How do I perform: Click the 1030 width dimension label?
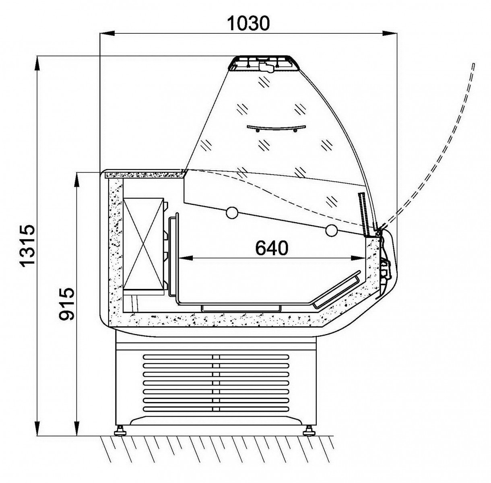[x=248, y=23]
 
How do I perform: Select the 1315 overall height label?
[x=27, y=246]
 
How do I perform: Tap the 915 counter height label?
[x=66, y=303]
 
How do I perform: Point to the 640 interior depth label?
[x=272, y=248]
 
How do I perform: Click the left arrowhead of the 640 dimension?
[x=185, y=258]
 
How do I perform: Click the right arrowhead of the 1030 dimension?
[x=390, y=33]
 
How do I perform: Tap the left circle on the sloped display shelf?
[x=232, y=212]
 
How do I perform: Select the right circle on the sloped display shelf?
[x=332, y=230]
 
